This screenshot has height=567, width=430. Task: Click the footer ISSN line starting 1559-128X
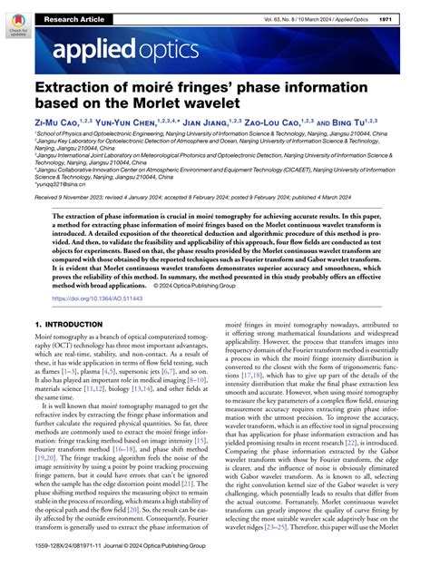[x=79, y=557]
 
